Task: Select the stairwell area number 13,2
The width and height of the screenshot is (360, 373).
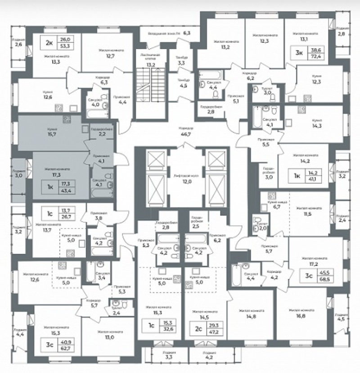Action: coord(151,65)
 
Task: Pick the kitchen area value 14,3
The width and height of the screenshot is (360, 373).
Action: coord(318,126)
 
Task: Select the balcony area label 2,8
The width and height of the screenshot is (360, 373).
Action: coord(342,34)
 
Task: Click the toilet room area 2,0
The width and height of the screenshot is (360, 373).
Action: coord(263,228)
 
